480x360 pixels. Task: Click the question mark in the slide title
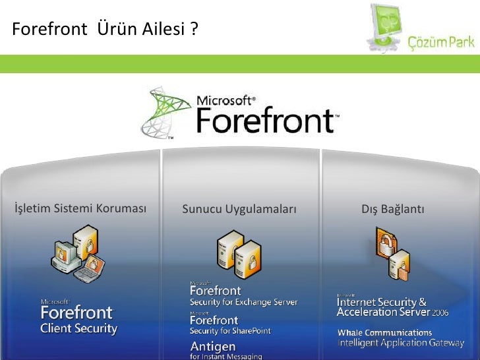194,30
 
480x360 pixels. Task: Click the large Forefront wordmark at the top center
266,120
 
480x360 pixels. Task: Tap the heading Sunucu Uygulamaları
239,210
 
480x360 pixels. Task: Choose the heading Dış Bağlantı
393,210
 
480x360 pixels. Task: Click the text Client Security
78,328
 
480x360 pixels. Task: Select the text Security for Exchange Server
243,303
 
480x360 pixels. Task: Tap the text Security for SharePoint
230,331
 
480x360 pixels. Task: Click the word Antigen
212,347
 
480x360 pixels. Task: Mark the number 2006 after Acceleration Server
440,312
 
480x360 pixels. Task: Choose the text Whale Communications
384,333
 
